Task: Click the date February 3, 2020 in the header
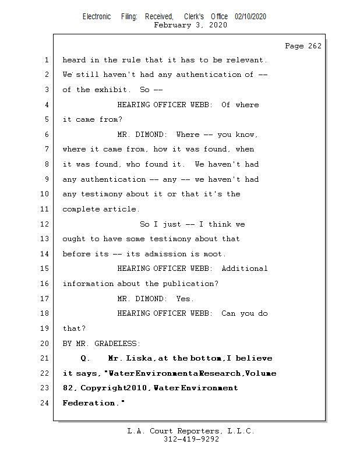[x=190, y=25]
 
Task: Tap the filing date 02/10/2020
[x=250, y=17]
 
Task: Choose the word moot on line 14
[x=214, y=253]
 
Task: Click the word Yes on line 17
[x=185, y=298]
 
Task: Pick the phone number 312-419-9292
[x=191, y=439]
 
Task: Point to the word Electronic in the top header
[x=97, y=17]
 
